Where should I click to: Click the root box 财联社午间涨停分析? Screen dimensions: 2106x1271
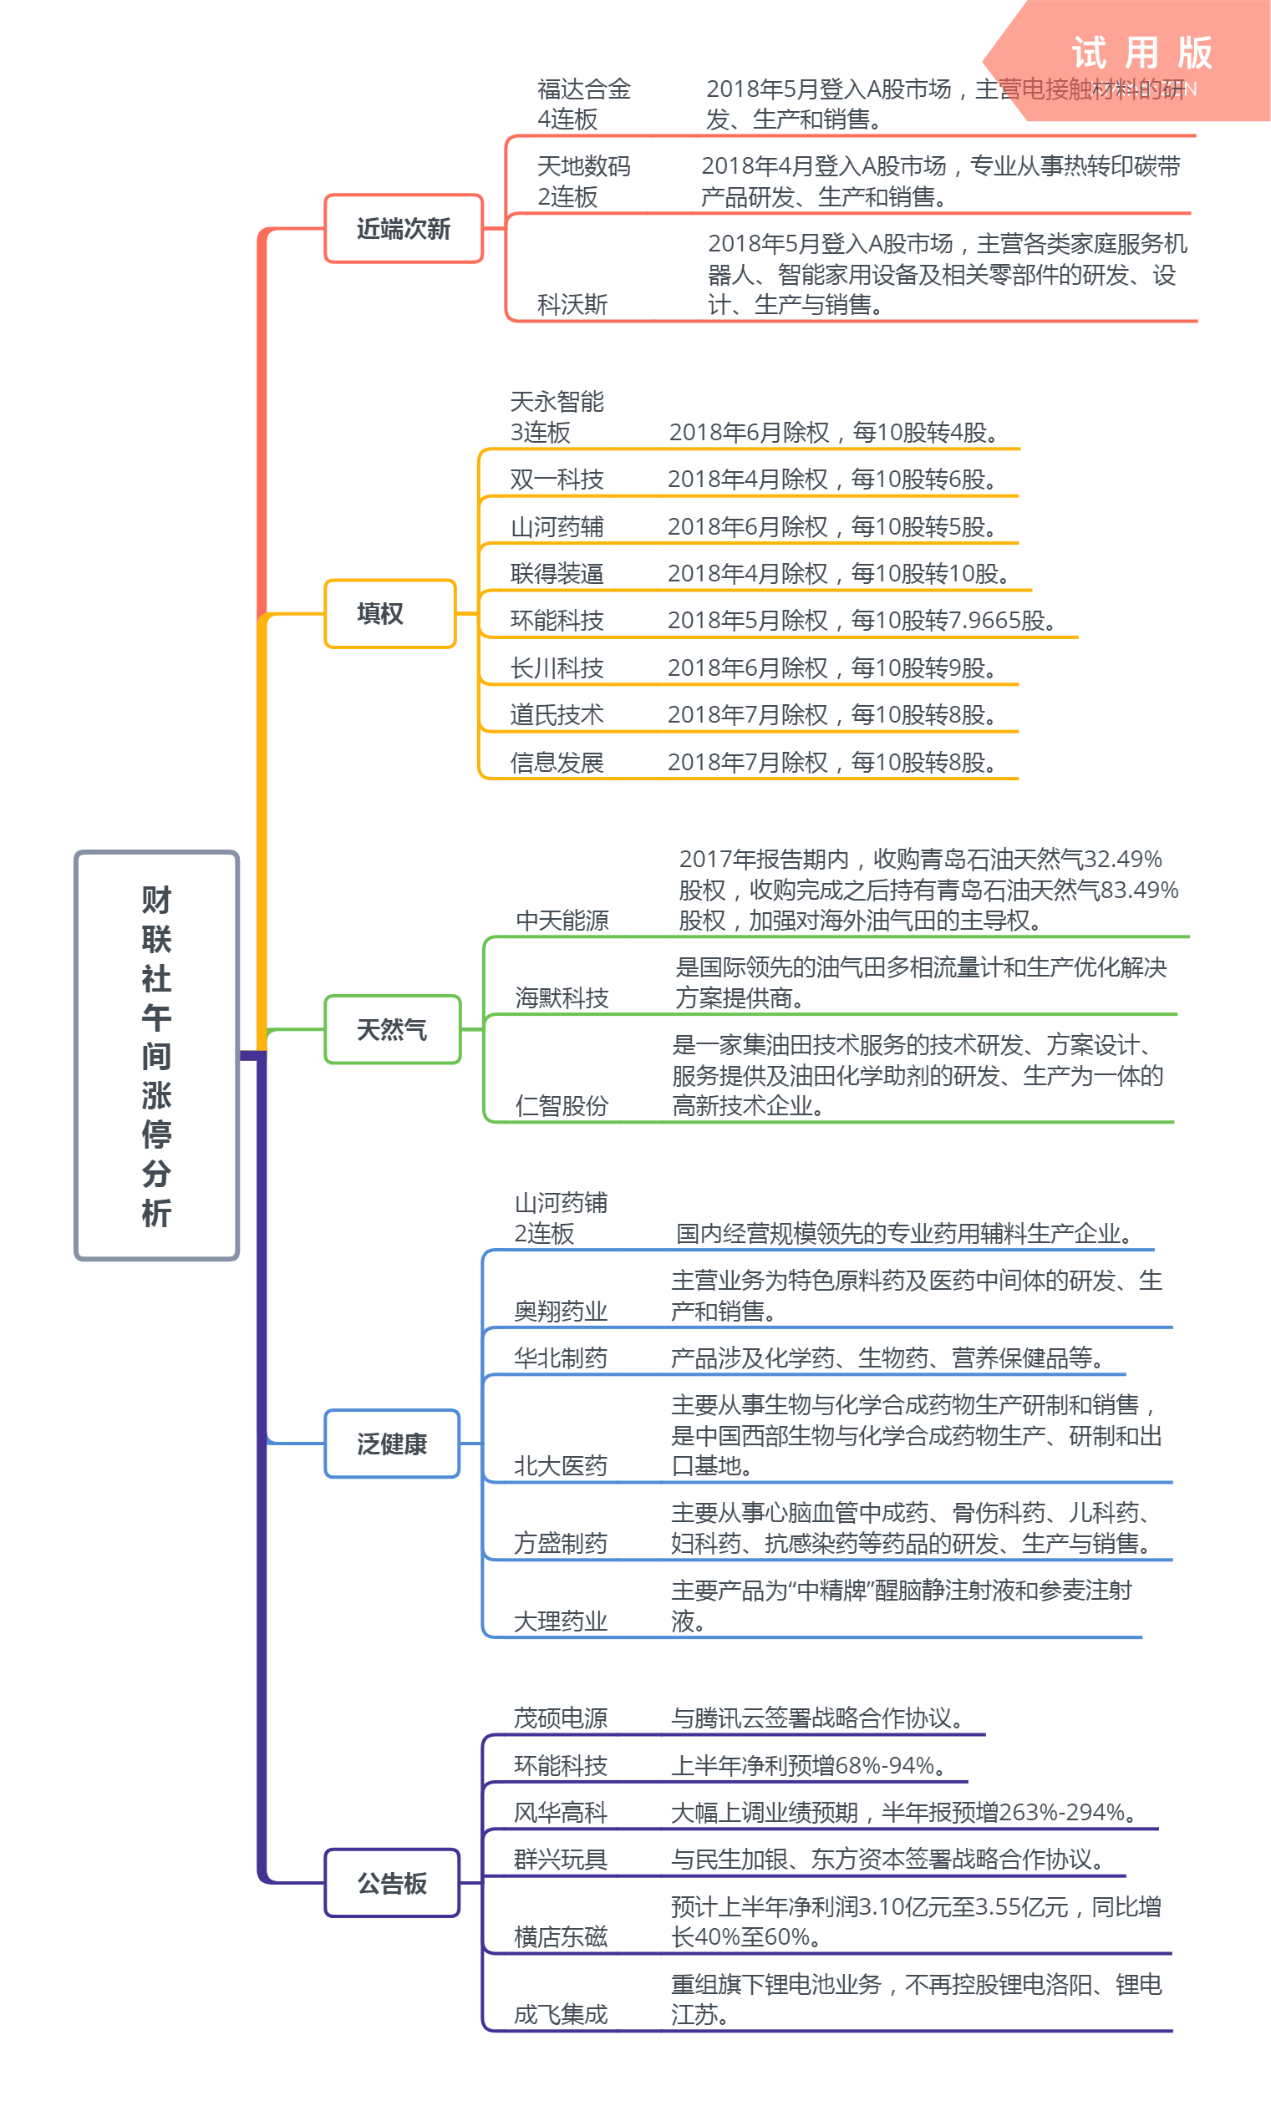[156, 1055]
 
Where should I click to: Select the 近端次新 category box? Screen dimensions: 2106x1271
[404, 229]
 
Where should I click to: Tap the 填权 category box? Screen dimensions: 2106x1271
[389, 614]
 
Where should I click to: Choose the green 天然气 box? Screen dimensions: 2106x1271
[392, 1029]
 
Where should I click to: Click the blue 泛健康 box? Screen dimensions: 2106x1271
[392, 1444]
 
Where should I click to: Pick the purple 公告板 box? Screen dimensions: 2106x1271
[392, 1883]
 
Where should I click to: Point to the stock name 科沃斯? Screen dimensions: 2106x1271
[572, 304]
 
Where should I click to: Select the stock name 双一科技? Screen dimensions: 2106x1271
[557, 480]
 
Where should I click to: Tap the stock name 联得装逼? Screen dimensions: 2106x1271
[557, 574]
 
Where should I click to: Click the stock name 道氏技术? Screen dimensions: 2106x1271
[557, 714]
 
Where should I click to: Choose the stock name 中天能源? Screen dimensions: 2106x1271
[562, 921]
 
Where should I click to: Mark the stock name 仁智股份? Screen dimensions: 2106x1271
[562, 1106]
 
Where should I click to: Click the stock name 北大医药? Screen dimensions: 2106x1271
[561, 1466]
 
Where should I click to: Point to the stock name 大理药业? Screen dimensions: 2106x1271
[561, 1621]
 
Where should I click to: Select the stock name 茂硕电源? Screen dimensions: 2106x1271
[561, 1718]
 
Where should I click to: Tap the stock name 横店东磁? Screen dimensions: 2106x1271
[561, 1936]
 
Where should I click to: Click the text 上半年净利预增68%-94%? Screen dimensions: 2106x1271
[808, 1766]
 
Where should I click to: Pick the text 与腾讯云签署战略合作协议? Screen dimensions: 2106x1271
[816, 1718]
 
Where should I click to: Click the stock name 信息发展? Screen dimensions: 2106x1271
[557, 763]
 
